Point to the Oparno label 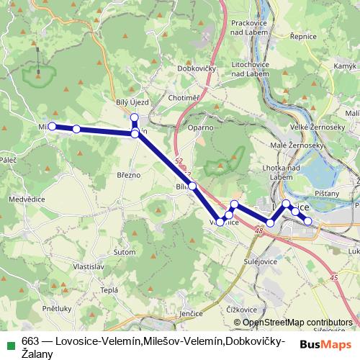[201, 127]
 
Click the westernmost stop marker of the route [52, 126]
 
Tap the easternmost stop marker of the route [308, 221]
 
